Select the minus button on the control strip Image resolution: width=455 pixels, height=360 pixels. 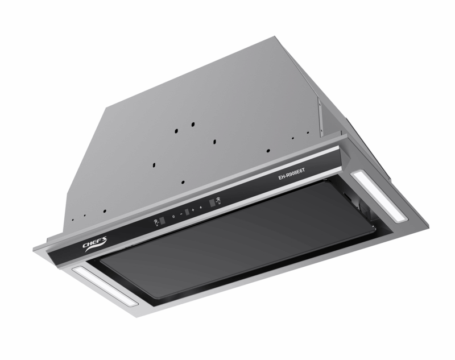pyautogui.click(x=181, y=214)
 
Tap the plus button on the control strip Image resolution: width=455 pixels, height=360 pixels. pyautogui.click(x=193, y=210)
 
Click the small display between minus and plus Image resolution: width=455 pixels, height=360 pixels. pyautogui.click(x=187, y=212)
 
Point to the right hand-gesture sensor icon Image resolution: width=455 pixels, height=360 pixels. pyautogui.click(x=218, y=201)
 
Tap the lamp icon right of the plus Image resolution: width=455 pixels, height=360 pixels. pyautogui.click(x=201, y=208)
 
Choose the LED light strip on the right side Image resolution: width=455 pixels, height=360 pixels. pyautogui.click(x=378, y=196)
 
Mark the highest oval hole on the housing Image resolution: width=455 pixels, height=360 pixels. pyautogui.click(x=193, y=123)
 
